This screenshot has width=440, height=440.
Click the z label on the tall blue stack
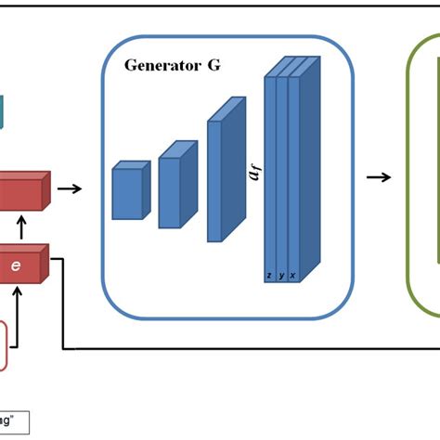click(x=269, y=276)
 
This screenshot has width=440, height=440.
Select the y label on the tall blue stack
click(x=281, y=276)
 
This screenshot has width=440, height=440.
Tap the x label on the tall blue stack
click(x=292, y=276)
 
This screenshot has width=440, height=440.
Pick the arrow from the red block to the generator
click(x=69, y=188)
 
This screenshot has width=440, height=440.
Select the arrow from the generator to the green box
click(x=377, y=177)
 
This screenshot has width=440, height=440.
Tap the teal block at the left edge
click(x=3, y=112)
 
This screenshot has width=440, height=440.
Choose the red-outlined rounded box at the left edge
click(x=5, y=344)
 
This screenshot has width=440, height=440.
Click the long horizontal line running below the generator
click(x=251, y=350)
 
